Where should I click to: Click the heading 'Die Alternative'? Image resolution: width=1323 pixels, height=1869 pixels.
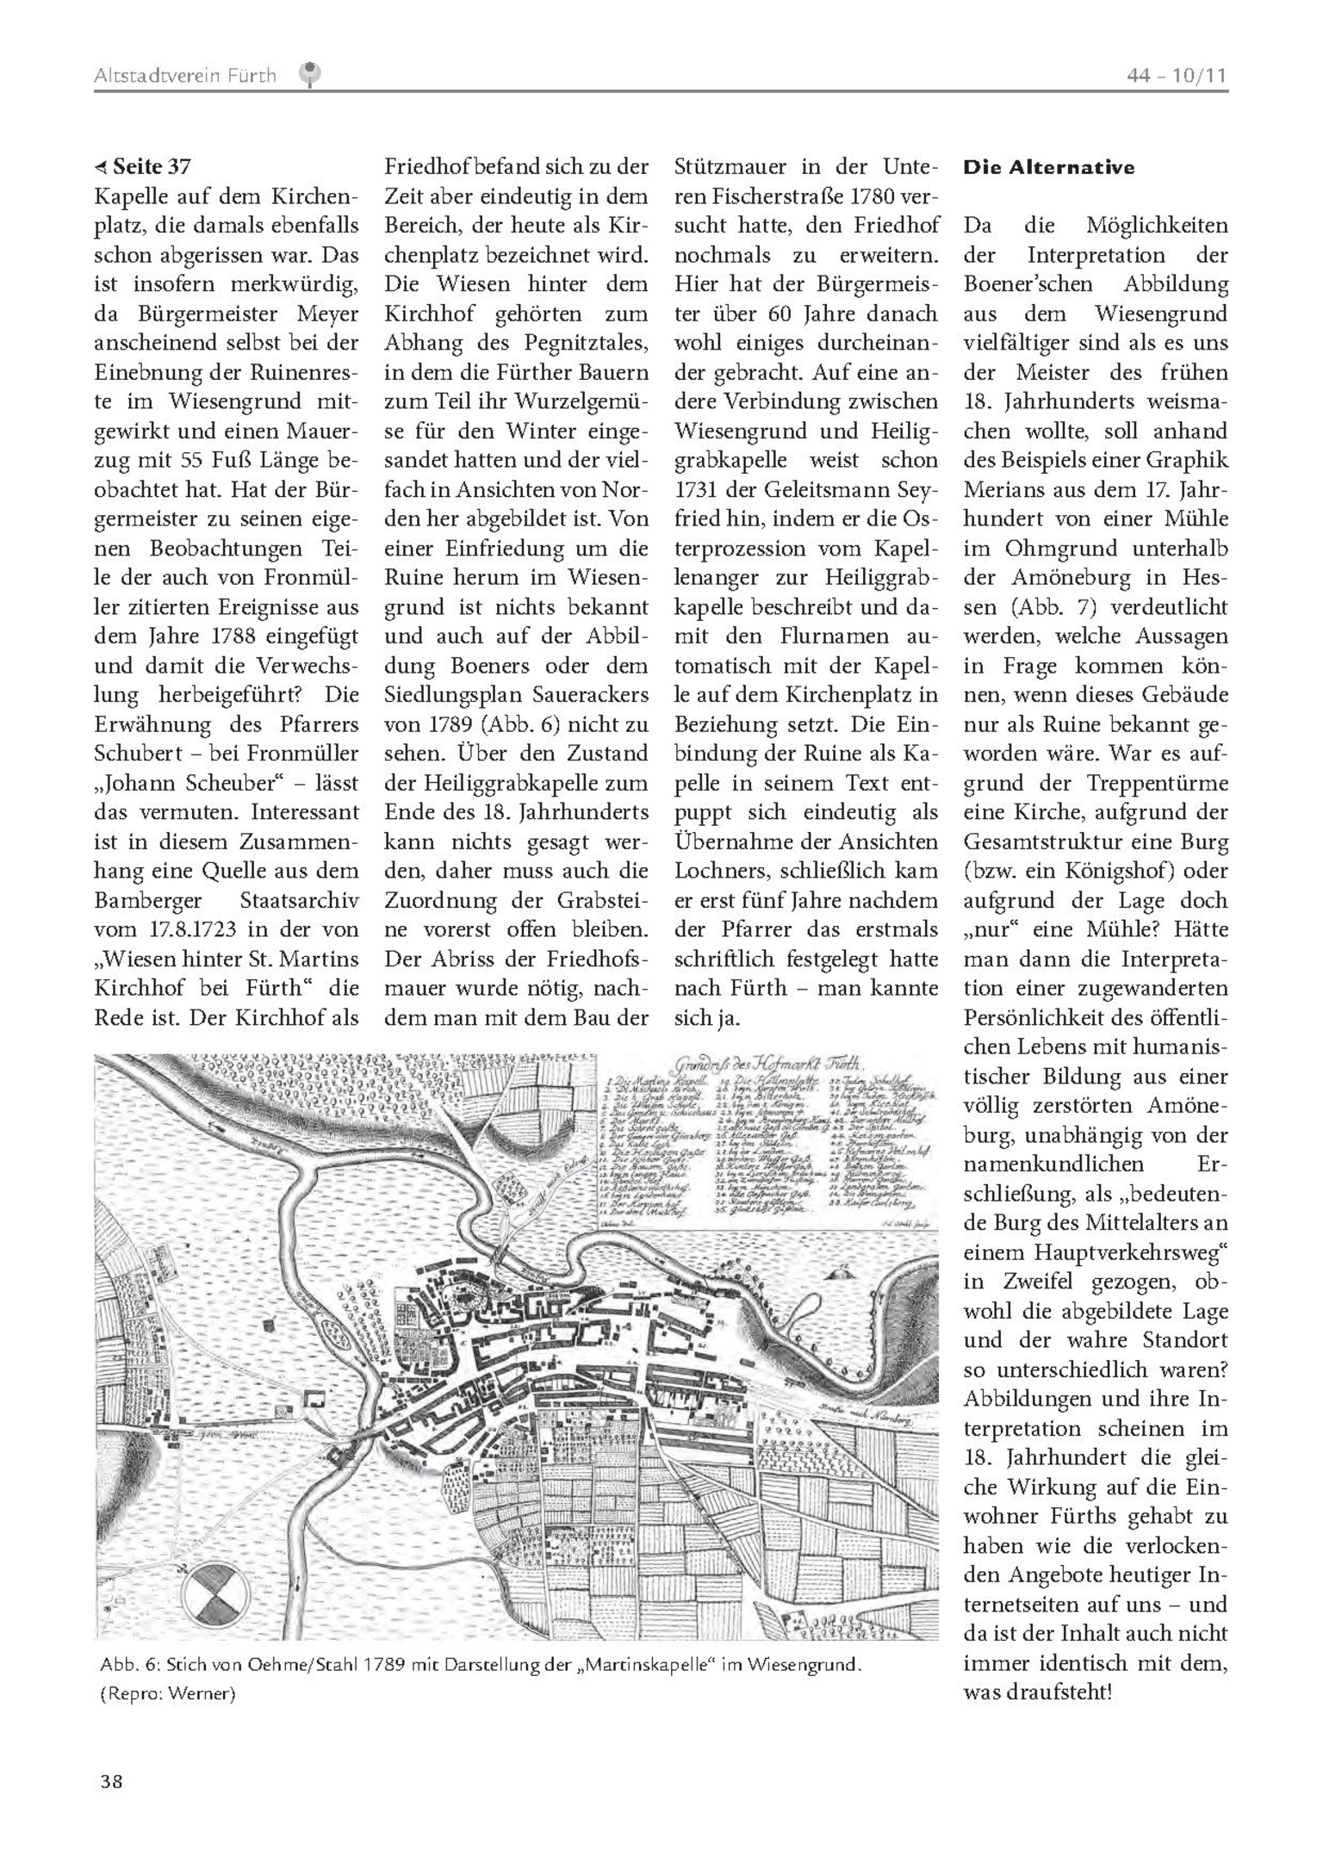click(x=1048, y=167)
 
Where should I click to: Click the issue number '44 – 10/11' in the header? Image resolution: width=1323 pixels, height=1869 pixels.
click(x=1177, y=76)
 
